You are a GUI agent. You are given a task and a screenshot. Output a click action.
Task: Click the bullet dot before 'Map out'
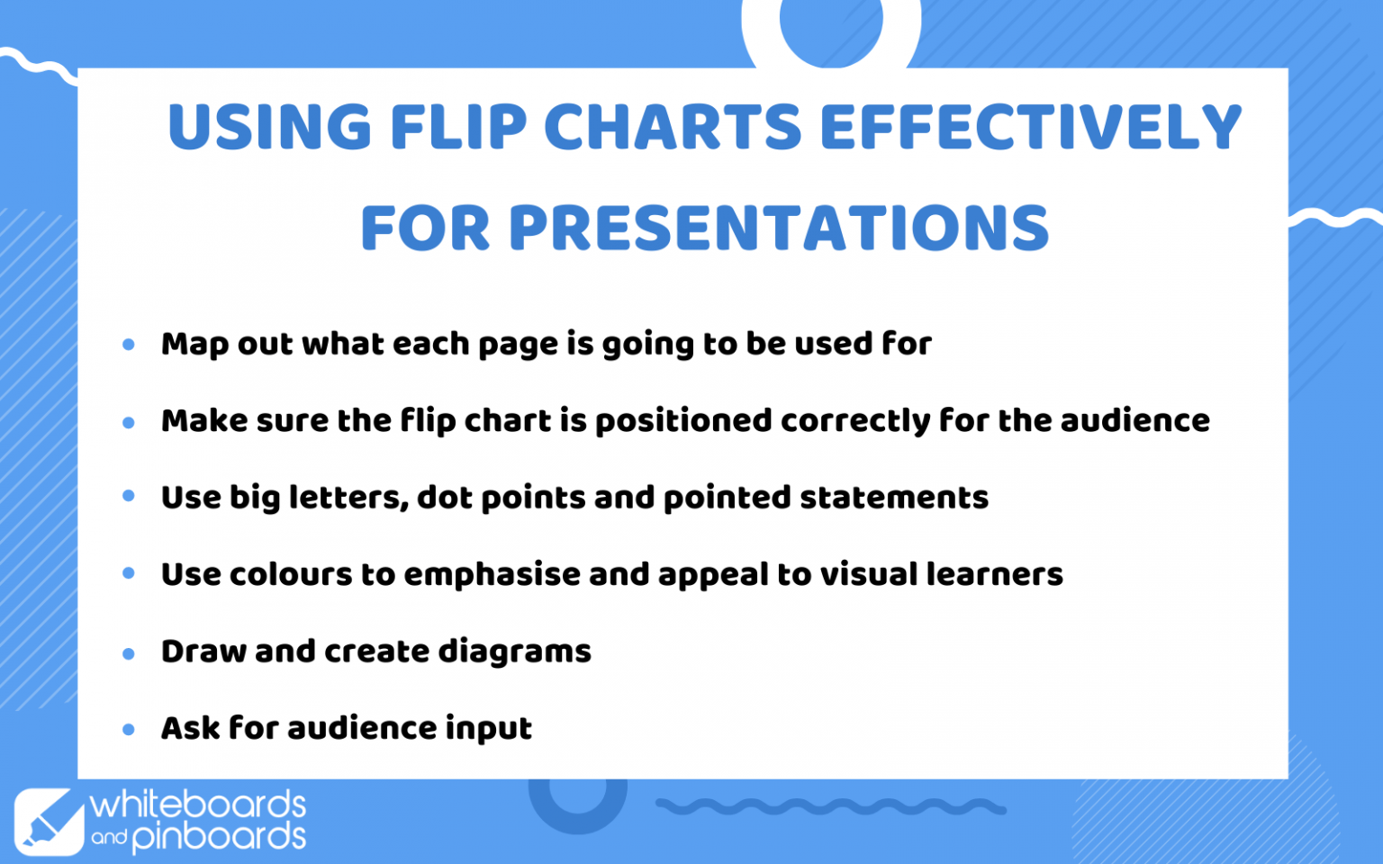click(129, 345)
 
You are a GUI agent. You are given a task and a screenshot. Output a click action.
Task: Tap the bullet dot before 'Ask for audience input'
click(129, 729)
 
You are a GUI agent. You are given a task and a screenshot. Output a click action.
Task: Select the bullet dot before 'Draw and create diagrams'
click(129, 653)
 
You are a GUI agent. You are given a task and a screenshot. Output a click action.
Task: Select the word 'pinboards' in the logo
click(219, 837)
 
